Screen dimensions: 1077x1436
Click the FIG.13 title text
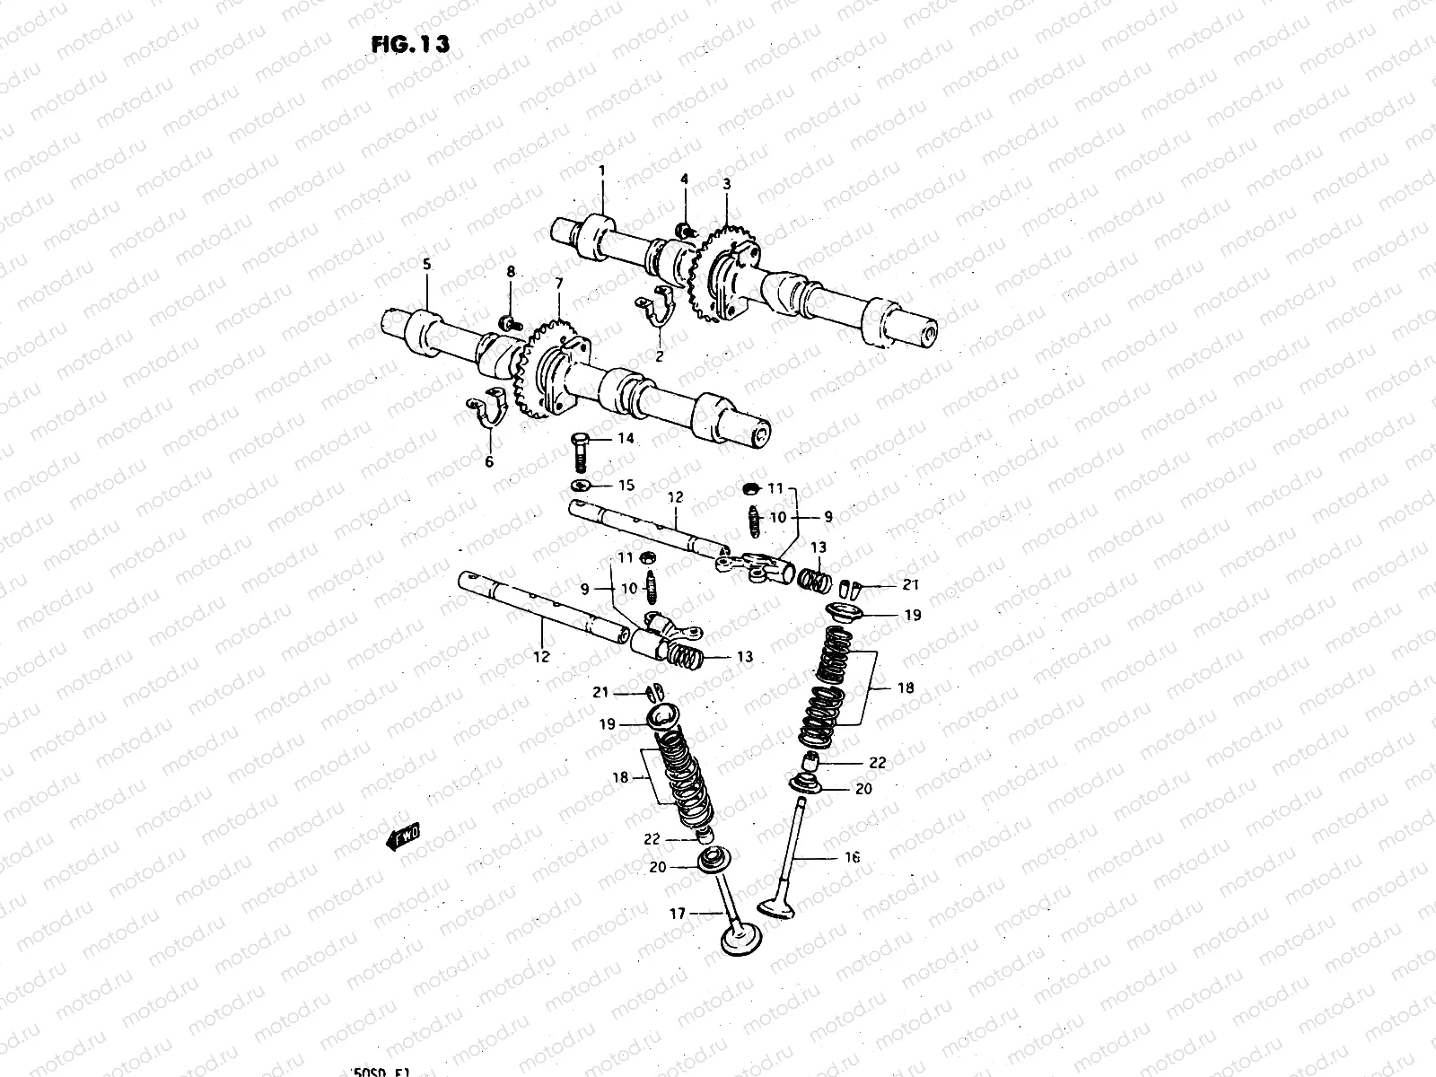point(408,44)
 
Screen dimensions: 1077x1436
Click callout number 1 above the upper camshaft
point(602,170)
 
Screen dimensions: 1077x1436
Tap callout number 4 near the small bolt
point(684,179)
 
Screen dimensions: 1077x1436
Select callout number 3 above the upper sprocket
point(726,183)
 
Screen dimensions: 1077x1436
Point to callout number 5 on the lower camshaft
point(426,264)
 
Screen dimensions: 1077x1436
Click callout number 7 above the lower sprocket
point(558,284)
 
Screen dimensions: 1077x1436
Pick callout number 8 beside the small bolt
point(510,271)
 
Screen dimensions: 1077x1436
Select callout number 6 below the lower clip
point(489,462)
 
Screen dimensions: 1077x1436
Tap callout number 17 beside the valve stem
point(676,914)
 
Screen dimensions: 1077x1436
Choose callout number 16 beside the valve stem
point(852,857)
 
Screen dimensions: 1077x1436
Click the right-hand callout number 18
point(905,688)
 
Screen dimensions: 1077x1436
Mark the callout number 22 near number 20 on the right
point(877,763)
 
